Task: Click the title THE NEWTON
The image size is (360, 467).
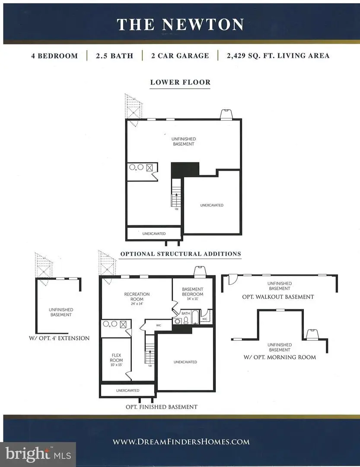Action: tap(180, 24)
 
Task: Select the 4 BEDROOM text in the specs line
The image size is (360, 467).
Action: tap(54, 56)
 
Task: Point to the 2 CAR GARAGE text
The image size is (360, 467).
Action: tap(180, 56)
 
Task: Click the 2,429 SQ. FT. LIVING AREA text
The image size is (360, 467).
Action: tap(277, 56)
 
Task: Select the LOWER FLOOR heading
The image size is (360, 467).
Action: tap(180, 82)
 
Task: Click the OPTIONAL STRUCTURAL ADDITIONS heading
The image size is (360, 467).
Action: tap(180, 254)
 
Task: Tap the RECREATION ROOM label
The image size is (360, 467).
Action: tap(137, 297)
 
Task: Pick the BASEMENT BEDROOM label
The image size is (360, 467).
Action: tap(192, 291)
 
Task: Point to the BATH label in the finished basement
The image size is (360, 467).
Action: tap(186, 313)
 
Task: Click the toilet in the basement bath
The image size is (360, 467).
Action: tap(185, 320)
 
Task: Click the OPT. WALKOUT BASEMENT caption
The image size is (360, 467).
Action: tap(278, 297)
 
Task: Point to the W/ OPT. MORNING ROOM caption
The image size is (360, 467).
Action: tap(280, 357)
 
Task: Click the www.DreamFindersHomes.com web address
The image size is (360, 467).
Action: tap(181, 441)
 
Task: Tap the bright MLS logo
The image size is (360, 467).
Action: tap(38, 454)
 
